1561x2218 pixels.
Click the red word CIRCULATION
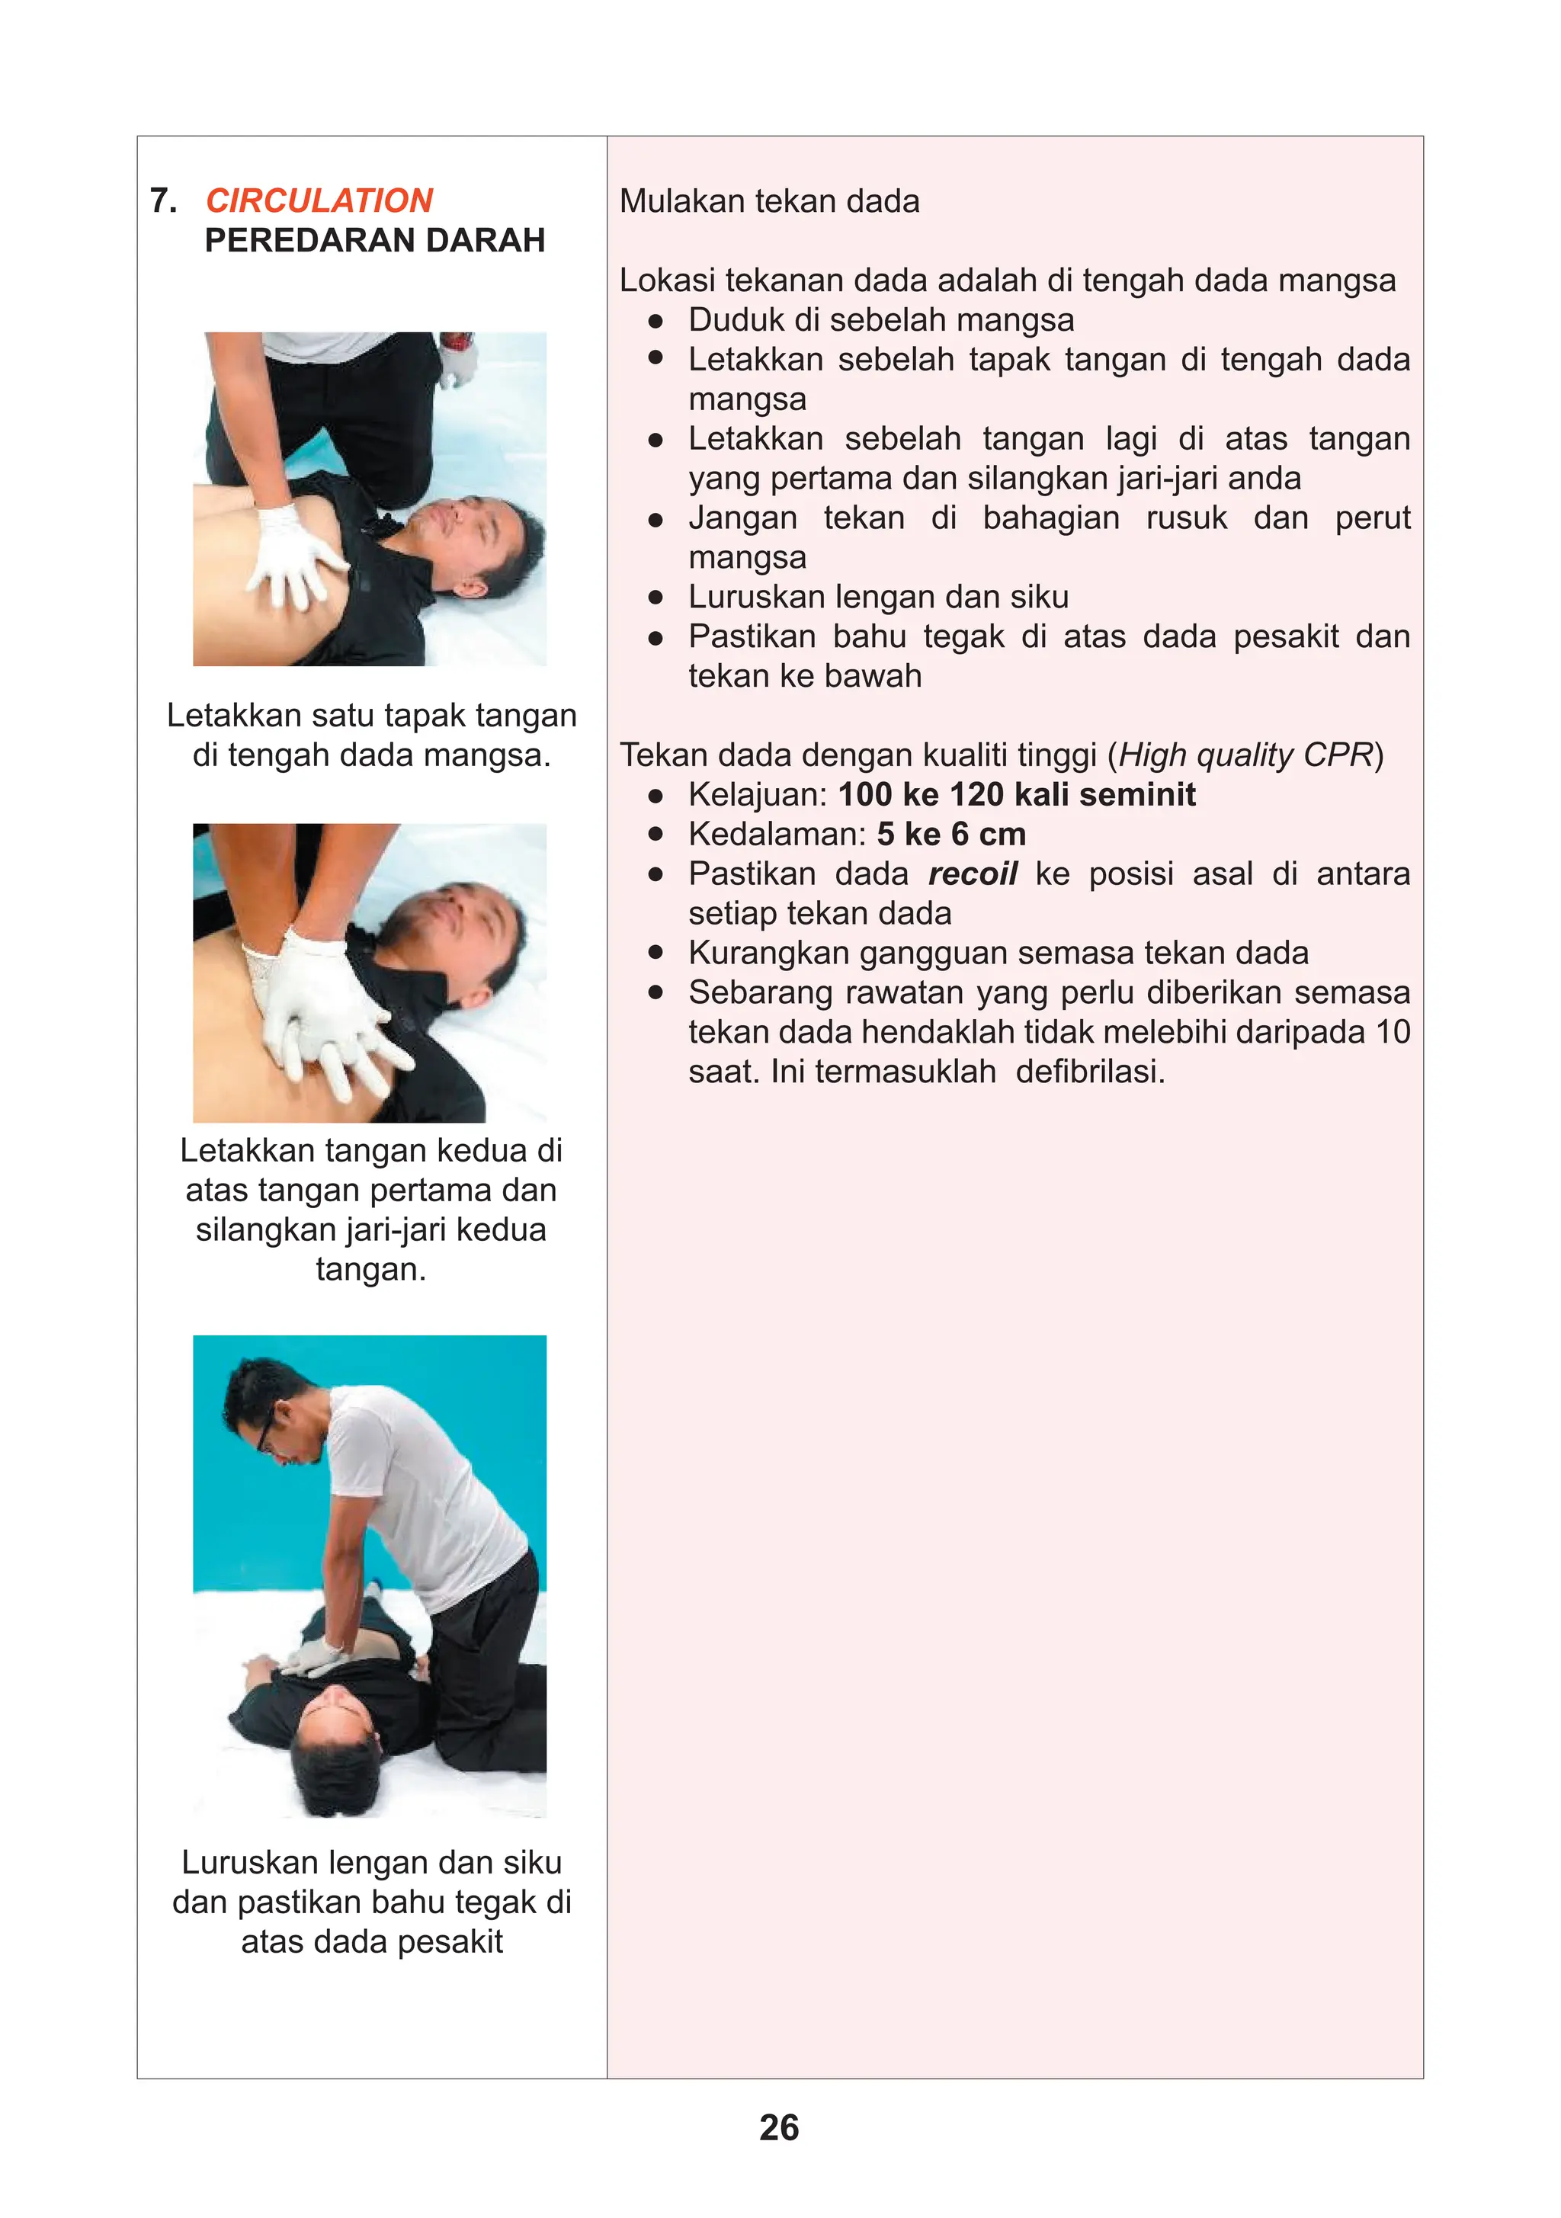pos(319,201)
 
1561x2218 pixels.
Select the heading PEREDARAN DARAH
pos(375,241)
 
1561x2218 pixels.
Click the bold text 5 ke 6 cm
pos(950,834)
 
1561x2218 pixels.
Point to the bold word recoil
pos(972,873)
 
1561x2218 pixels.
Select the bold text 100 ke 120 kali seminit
pos(1016,794)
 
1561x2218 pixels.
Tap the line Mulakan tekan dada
pos(769,201)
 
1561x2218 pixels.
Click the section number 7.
pos(163,201)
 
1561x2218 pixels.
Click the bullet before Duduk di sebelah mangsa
pos(656,320)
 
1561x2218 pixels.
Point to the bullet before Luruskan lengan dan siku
pos(656,597)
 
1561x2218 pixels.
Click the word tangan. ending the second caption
pos(371,1269)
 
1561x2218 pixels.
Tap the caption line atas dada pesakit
pos(372,1942)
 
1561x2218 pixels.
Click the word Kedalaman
pos(777,834)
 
